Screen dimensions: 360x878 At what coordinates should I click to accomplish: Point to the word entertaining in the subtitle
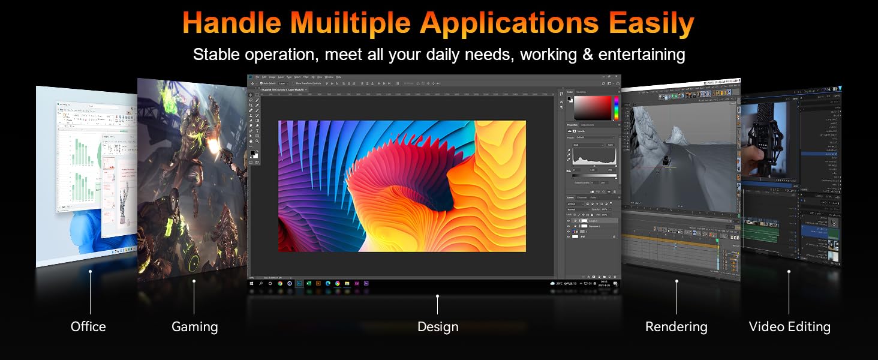tap(633, 55)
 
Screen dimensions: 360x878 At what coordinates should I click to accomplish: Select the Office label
tap(88, 327)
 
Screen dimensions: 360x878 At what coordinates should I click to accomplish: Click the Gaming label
tap(194, 327)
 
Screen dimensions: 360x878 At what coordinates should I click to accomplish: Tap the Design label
tap(438, 327)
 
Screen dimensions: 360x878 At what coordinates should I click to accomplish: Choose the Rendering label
tap(676, 327)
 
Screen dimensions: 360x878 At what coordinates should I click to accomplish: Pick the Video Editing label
tap(789, 327)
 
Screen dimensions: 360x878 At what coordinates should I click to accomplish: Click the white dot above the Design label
tap(438, 296)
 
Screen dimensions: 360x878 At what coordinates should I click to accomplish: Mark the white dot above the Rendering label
tap(676, 281)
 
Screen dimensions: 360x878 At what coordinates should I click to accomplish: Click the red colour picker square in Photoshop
tap(592, 108)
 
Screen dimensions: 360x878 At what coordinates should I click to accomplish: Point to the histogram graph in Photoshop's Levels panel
tap(594, 157)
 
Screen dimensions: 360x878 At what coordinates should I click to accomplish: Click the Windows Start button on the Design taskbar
tap(252, 283)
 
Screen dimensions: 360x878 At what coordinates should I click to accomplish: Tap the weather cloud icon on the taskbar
tap(552, 283)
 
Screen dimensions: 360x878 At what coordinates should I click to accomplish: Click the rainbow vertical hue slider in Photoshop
tap(615, 108)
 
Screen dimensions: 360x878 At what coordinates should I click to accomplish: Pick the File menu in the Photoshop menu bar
tap(257, 77)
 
